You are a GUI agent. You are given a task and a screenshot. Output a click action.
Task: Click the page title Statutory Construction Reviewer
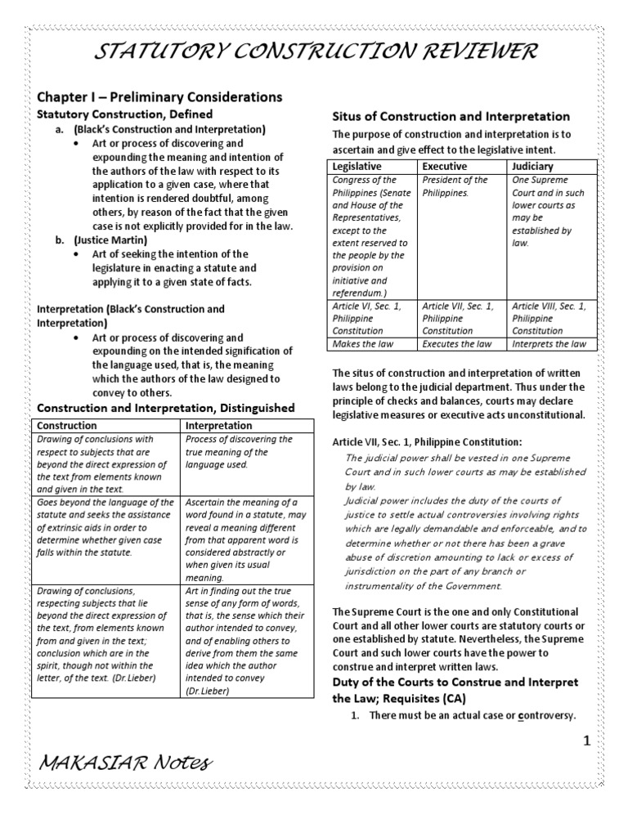tap(316, 51)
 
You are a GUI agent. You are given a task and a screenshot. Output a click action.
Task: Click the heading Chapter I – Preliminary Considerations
tap(160, 96)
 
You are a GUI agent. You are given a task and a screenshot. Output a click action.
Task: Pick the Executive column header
tap(445, 166)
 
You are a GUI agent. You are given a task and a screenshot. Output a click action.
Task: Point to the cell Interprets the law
tap(549, 344)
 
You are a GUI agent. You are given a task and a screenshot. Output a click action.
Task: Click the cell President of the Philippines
tap(455, 186)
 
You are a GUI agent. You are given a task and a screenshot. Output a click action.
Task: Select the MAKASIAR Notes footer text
tap(125, 763)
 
